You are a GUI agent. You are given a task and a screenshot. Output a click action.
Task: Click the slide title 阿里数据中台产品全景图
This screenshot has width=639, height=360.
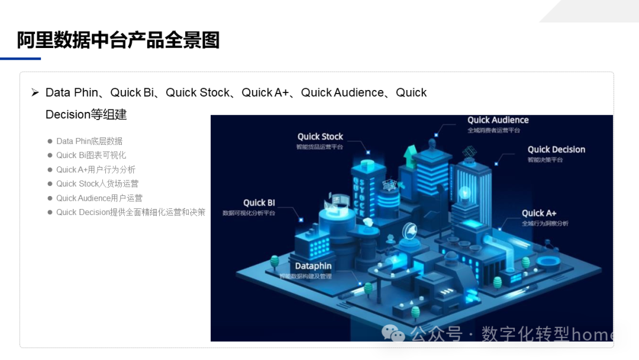click(x=118, y=40)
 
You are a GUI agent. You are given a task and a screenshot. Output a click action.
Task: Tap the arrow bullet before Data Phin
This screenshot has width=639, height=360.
click(x=35, y=92)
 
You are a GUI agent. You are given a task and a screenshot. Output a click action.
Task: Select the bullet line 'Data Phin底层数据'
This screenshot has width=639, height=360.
click(x=89, y=141)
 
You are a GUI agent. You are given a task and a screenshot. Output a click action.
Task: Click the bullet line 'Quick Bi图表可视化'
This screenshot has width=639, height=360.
click(x=91, y=155)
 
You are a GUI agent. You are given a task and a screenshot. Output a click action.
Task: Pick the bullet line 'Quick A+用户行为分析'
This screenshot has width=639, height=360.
click(x=96, y=169)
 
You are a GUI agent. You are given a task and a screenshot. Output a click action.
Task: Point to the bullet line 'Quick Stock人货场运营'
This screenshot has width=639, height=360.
click(x=97, y=184)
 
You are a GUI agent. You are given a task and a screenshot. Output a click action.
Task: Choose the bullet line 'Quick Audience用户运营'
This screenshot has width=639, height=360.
click(x=99, y=198)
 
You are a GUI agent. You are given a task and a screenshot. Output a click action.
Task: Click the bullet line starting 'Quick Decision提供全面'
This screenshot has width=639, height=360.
click(x=131, y=212)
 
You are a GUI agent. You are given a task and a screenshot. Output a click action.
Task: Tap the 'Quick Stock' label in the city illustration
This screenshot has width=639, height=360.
click(x=320, y=137)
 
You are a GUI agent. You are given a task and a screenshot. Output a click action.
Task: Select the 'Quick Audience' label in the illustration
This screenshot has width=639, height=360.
click(x=498, y=120)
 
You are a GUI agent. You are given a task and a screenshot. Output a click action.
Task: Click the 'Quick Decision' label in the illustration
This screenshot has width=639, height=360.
click(x=556, y=150)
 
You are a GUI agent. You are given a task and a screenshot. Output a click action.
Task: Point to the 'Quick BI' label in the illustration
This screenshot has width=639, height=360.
click(x=259, y=202)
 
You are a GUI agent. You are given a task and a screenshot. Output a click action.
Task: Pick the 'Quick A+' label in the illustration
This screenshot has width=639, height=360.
click(x=538, y=213)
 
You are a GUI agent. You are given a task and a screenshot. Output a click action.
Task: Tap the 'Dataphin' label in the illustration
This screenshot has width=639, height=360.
click(x=313, y=266)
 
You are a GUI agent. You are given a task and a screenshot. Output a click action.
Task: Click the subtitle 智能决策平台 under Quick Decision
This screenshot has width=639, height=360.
click(x=545, y=160)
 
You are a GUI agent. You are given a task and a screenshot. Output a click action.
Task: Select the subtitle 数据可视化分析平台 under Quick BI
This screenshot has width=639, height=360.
click(x=248, y=213)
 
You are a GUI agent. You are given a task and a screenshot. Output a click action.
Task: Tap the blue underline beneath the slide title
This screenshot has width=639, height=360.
click(x=20, y=59)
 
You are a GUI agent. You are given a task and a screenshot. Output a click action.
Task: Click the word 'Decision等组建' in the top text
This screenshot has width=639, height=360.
click(x=86, y=114)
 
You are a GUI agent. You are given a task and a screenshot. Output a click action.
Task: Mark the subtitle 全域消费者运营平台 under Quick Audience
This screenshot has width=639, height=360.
click(x=493, y=130)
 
